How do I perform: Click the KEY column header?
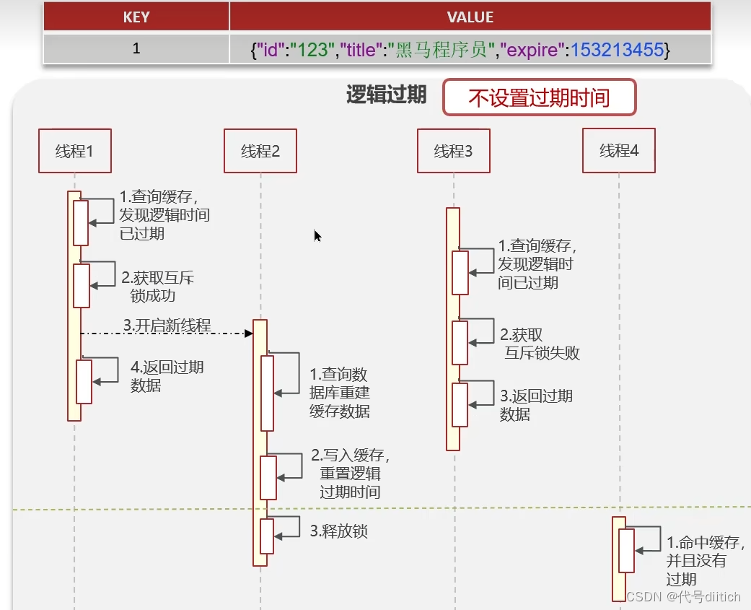pos(136,17)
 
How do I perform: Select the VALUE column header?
pos(470,17)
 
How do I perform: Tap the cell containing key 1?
pos(136,49)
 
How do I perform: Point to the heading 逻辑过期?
pos(386,95)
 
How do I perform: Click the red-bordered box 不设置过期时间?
pos(539,97)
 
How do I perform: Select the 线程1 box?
pos(74,151)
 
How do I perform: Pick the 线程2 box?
pos(260,151)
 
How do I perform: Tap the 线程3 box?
pos(453,151)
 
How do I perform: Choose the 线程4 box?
pos(618,151)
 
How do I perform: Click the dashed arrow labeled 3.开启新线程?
pos(166,332)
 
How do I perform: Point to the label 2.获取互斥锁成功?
pos(157,287)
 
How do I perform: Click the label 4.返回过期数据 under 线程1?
pos(167,376)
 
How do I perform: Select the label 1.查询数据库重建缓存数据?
pos(339,393)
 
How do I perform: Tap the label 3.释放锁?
pos(339,531)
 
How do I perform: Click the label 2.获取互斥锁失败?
pos(540,344)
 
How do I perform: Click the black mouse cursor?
pos(317,235)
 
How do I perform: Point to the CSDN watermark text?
pos(683,596)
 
